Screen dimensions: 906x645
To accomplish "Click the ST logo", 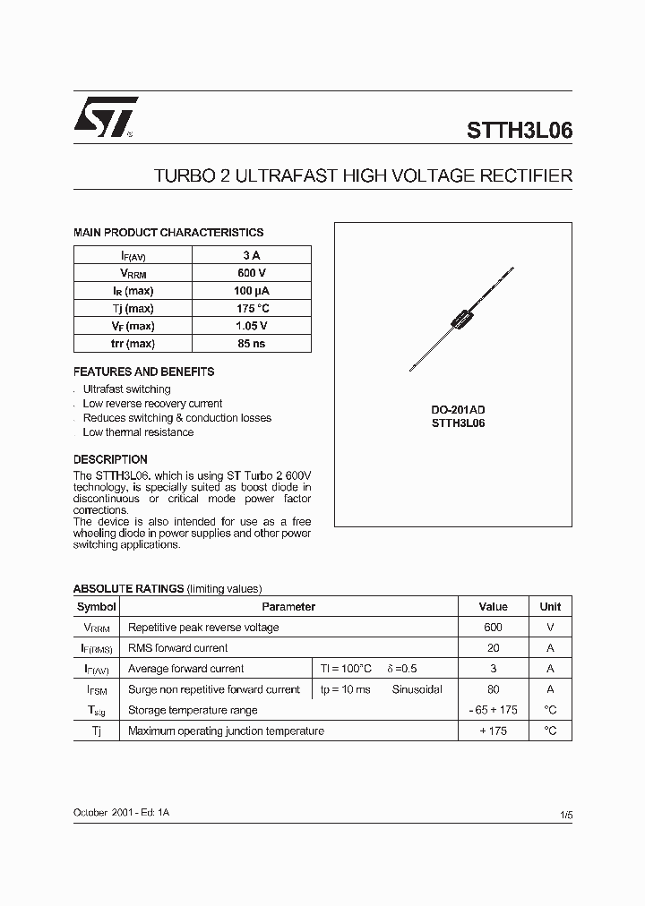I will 105,118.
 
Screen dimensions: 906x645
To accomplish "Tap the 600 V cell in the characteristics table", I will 252,272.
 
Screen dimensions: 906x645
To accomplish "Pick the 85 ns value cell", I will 252,344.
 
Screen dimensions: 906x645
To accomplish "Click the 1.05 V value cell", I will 252,326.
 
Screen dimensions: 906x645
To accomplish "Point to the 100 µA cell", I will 252,290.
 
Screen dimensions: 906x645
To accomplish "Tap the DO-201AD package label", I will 458,409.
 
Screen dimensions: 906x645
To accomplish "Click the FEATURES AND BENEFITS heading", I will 143,372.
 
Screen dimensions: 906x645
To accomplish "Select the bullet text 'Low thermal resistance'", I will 137,432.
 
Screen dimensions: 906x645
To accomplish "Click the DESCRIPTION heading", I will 110,459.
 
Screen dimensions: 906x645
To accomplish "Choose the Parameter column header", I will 288,606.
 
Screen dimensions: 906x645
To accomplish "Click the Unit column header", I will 550,606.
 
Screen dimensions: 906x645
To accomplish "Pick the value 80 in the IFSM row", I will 493,689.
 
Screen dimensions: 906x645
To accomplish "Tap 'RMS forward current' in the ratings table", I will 178,648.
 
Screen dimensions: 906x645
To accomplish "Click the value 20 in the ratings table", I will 493,648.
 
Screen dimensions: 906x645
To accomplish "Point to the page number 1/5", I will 565,816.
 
